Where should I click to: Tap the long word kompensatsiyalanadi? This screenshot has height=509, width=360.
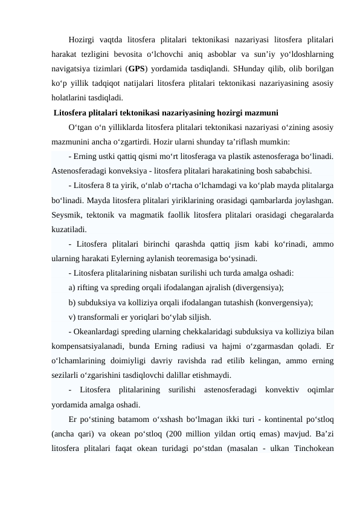90,346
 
